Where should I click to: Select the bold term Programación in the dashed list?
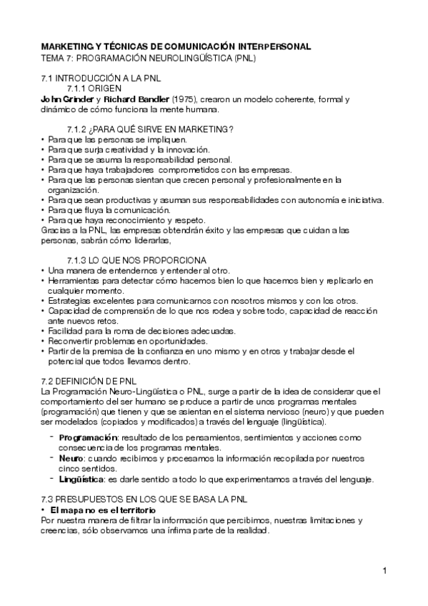(88, 437)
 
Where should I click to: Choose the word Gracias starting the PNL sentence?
(56, 229)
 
